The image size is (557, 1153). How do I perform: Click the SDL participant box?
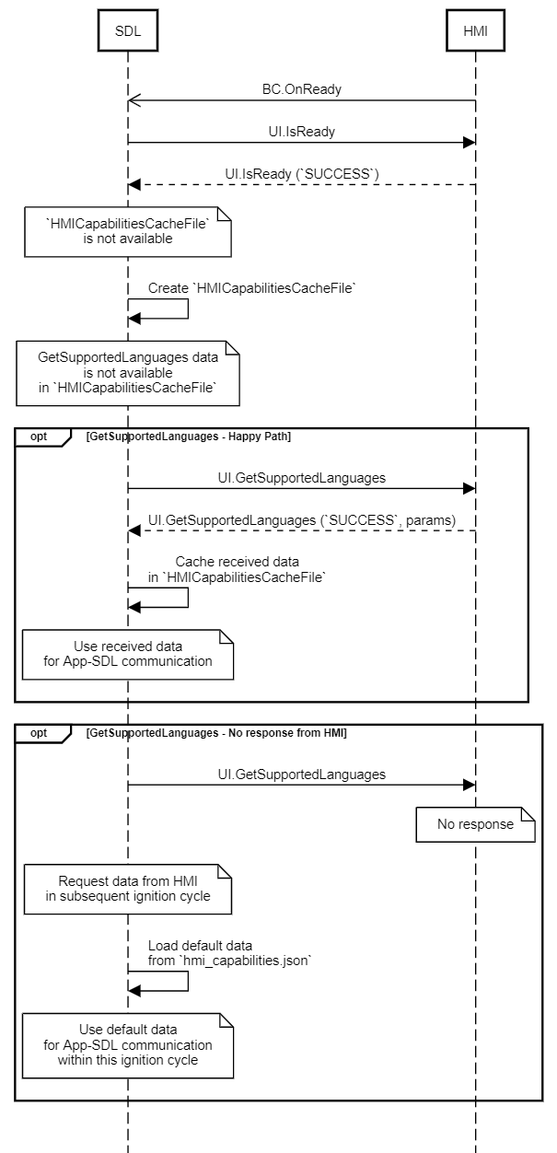point(128,30)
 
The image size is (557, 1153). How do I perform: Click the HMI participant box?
point(475,30)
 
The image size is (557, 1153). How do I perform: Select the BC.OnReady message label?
point(302,89)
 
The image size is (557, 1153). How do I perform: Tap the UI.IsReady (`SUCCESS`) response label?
point(302,174)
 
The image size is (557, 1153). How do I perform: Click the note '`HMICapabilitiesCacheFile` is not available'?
point(128,232)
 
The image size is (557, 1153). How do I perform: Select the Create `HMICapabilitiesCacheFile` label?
point(251,288)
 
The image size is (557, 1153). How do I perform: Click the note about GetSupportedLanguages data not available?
point(128,373)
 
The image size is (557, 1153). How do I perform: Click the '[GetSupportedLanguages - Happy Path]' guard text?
point(189,437)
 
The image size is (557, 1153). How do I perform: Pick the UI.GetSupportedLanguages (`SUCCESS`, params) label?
point(302,520)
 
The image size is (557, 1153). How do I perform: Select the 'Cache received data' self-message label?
point(237,569)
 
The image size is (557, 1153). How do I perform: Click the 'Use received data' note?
point(128,654)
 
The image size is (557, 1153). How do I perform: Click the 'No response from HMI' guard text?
point(216,733)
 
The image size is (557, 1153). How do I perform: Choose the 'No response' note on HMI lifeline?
point(475,824)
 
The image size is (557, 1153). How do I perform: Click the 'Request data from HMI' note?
point(128,889)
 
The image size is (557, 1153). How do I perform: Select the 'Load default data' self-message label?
point(229,953)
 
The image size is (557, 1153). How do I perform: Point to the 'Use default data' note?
point(128,1045)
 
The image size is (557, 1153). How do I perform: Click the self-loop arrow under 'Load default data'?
point(188,981)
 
